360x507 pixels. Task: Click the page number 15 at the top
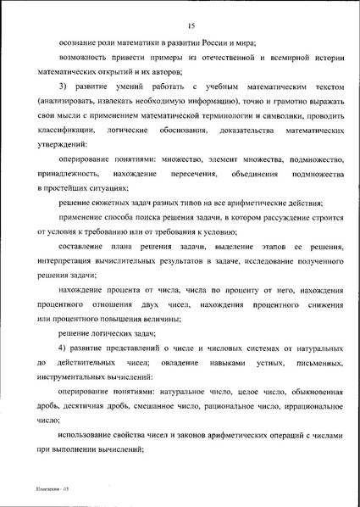(x=180, y=13)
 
